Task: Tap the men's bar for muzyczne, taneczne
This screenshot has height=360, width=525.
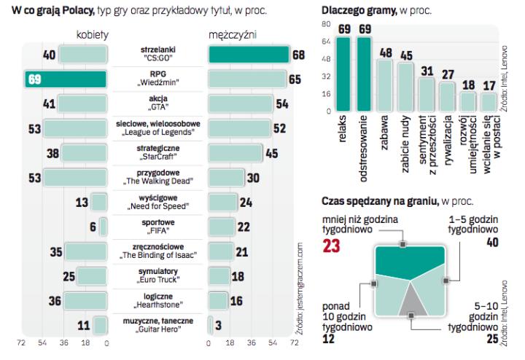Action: (x=210, y=325)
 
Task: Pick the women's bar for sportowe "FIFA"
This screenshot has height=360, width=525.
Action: (x=104, y=227)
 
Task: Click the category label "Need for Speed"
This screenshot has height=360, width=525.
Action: (x=157, y=206)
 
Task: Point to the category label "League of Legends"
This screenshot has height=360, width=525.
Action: (x=157, y=132)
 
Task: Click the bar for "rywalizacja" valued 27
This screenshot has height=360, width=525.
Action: (x=448, y=99)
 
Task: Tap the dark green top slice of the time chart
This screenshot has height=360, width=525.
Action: (x=408, y=259)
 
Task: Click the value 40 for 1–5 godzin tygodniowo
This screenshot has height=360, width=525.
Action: (x=491, y=242)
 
